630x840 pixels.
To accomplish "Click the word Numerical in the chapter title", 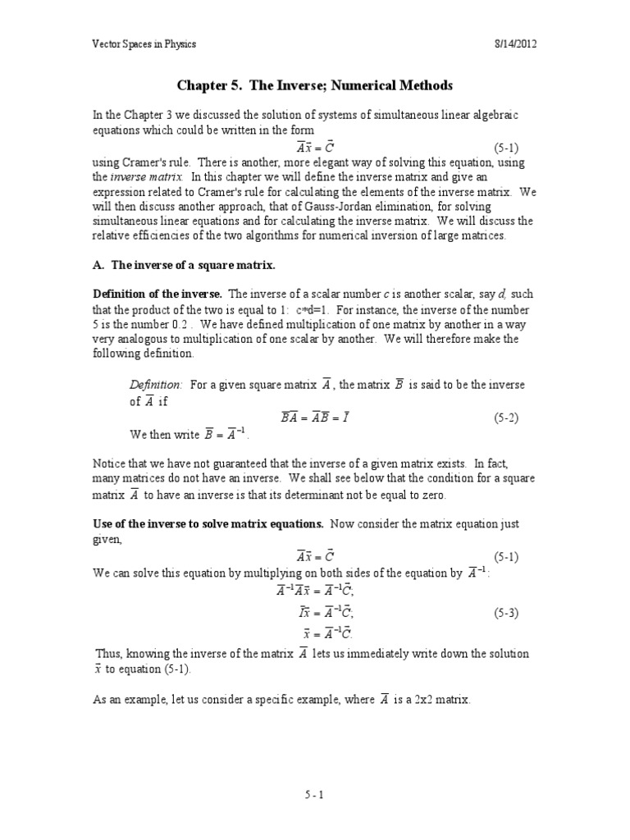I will pyautogui.click(x=371, y=86).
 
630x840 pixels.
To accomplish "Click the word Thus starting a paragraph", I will pyautogui.click(x=109, y=654).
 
